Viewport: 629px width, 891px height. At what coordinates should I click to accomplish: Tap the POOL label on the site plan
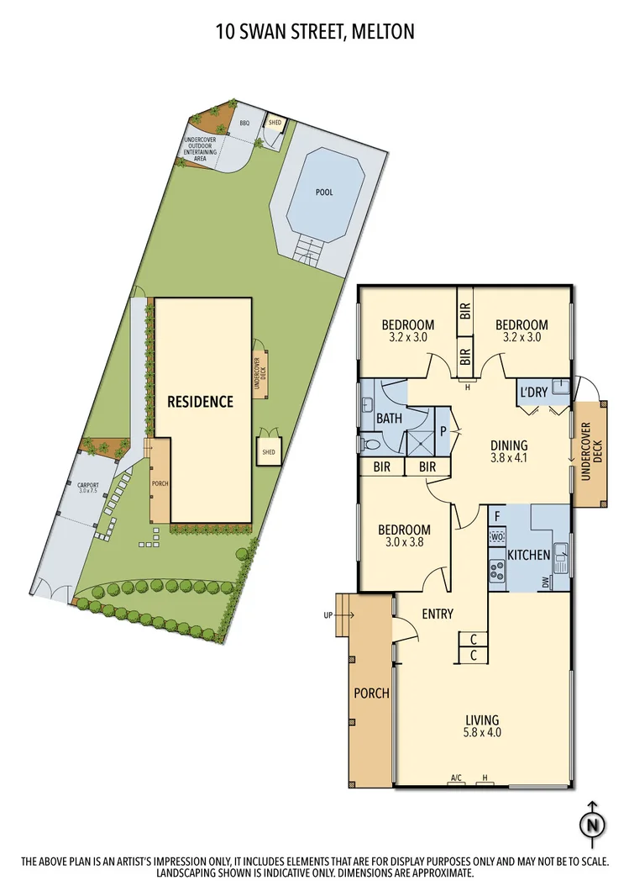tap(324, 192)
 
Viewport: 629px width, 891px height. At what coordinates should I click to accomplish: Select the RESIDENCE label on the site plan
tap(200, 402)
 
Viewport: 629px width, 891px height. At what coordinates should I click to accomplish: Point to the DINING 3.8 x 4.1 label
tap(509, 452)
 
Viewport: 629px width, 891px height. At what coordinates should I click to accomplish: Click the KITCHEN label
tap(529, 555)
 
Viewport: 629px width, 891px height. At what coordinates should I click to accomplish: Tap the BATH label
tap(389, 418)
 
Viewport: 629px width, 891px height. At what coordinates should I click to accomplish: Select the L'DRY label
tap(534, 393)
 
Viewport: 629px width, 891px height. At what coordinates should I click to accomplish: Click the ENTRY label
tap(438, 614)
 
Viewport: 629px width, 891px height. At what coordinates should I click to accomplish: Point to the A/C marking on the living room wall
tap(457, 778)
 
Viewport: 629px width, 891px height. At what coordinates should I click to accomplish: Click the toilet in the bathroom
tap(370, 443)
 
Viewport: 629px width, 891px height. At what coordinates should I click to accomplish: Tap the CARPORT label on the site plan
tap(88, 487)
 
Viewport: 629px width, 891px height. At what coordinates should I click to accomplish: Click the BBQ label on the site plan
tap(244, 124)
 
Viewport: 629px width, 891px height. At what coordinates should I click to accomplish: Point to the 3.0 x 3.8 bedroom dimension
tap(404, 543)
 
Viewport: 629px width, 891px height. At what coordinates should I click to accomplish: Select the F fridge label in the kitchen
tap(497, 516)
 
